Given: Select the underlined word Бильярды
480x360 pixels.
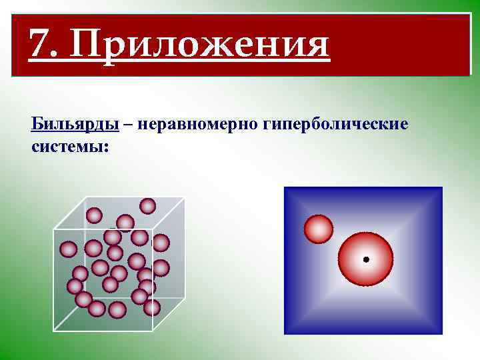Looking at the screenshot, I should coord(75,125).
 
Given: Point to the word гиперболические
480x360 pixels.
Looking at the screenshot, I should coord(335,125).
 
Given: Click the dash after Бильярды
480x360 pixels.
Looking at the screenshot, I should coord(127,125).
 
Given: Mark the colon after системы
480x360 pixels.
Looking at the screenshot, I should coord(105,146).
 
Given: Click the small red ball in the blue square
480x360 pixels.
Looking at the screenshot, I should coord(318,229).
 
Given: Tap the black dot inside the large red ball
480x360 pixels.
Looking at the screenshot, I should coord(365,259).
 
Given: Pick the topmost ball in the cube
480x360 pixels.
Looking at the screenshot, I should coord(147,206).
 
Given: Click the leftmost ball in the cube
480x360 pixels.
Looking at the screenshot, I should coord(68,249).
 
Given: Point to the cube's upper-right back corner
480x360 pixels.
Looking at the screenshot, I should coord(185,198).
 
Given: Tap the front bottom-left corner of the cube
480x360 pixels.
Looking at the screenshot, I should coord(54,330).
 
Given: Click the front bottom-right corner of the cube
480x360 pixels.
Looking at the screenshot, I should coord(153,330).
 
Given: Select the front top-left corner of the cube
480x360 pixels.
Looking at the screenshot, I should coord(54,229).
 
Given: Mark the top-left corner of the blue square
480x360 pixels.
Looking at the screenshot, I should coord(285,188).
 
